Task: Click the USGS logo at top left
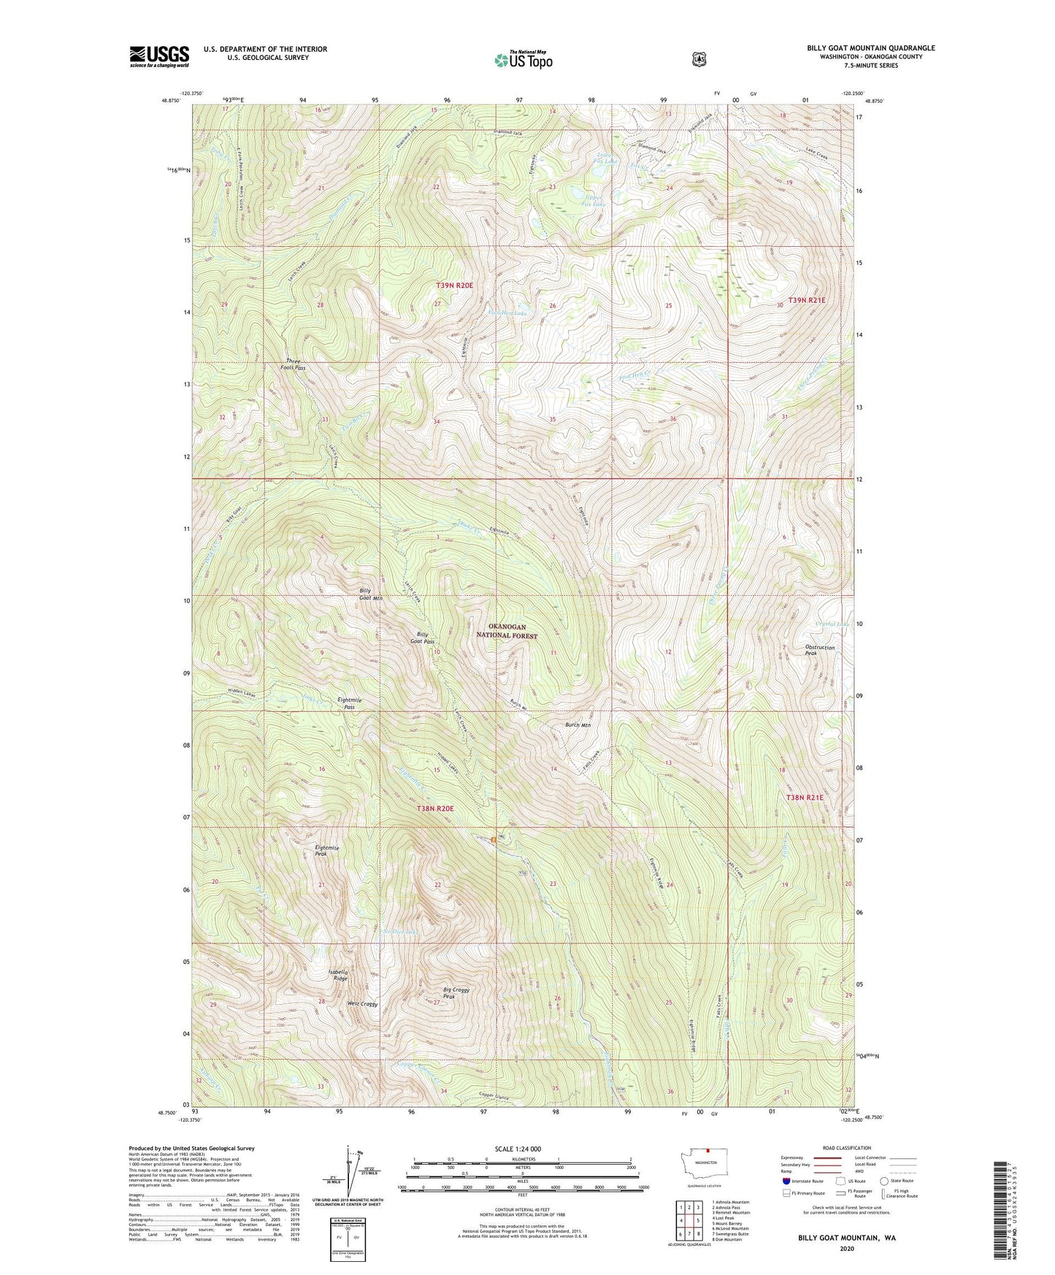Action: [x=159, y=56]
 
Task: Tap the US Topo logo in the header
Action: [x=522, y=61]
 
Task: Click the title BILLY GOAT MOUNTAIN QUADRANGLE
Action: [x=870, y=48]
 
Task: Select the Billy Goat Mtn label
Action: [x=371, y=594]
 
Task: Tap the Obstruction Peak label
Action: [x=819, y=650]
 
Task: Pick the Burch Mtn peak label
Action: [x=578, y=725]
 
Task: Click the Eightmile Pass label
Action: [x=350, y=703]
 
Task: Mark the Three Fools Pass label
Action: [x=296, y=364]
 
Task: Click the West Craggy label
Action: [x=362, y=1004]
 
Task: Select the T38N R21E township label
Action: [x=805, y=798]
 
